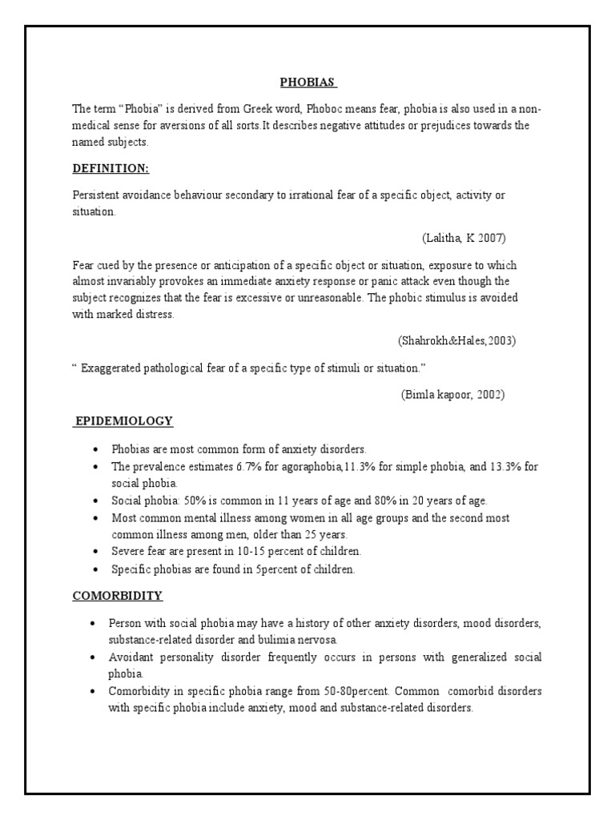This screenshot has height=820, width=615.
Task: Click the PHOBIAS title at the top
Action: tap(307, 82)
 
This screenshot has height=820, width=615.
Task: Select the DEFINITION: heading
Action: tap(111, 168)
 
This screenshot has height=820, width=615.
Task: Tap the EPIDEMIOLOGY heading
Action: tap(123, 420)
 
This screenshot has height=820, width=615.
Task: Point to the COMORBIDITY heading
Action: tap(118, 596)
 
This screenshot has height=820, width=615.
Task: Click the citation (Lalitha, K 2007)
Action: tap(464, 239)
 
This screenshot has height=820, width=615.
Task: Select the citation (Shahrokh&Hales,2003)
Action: tap(456, 340)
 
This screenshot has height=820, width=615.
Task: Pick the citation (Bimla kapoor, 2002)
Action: tap(453, 395)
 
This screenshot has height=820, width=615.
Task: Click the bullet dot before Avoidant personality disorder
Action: tap(95, 657)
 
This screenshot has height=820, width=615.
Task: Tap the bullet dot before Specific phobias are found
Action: tap(95, 569)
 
